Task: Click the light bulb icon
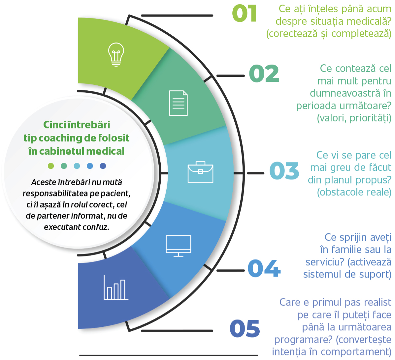click(116, 54)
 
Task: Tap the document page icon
click(179, 103)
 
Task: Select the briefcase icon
click(200, 172)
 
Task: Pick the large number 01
click(244, 14)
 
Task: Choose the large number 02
click(264, 74)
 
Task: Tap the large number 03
click(284, 171)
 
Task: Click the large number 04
click(264, 268)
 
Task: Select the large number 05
click(245, 329)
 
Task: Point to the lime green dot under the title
click(51, 166)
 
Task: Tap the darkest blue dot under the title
click(103, 166)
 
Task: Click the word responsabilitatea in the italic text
click(55, 194)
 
